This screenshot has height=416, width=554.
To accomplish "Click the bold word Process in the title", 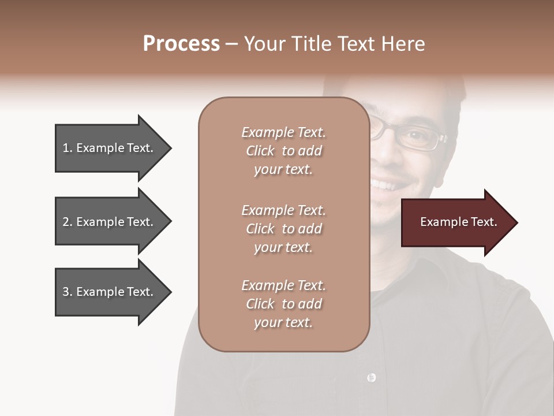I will (181, 44).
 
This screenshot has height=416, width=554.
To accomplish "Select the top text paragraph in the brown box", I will (283, 151).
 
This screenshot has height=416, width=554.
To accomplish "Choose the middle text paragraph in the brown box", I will (283, 229).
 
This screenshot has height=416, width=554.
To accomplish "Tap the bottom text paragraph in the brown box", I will (283, 304).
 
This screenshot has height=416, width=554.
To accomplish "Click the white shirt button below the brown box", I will (371, 377).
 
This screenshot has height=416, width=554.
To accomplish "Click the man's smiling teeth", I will (385, 185).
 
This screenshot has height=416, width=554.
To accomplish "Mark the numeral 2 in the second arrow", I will (66, 222).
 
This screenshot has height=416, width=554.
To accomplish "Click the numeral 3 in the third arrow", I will (66, 292).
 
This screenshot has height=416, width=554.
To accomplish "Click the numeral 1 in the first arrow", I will (66, 148).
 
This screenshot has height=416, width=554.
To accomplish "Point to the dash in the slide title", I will (232, 44).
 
